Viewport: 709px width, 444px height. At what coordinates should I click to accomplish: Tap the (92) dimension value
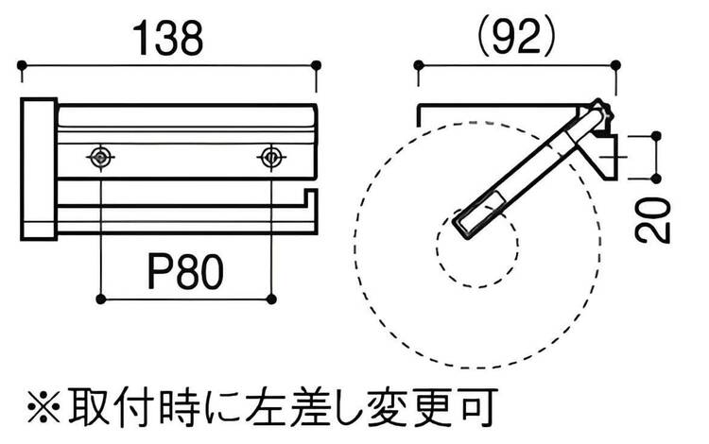(x=516, y=37)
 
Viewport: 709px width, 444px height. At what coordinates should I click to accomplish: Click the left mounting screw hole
(x=98, y=157)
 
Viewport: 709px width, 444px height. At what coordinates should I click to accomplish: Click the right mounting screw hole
(x=271, y=157)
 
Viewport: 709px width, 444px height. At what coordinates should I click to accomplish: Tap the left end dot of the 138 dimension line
(x=21, y=65)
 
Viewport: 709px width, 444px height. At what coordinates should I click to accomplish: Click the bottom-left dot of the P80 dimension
(x=99, y=300)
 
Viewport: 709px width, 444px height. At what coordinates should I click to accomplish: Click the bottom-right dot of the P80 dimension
(x=271, y=300)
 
